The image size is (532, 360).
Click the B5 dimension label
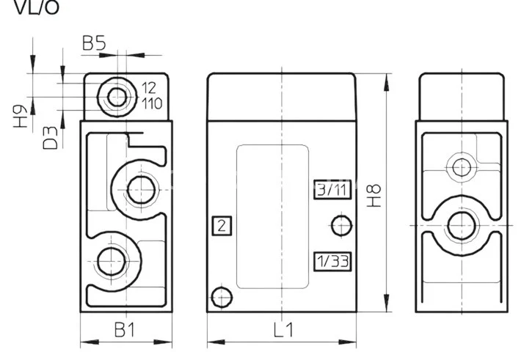[94, 44]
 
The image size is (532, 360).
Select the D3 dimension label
[51, 137]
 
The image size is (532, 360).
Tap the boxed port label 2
[221, 226]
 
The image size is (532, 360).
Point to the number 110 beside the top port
[152, 103]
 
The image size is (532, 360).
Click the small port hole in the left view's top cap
[116, 96]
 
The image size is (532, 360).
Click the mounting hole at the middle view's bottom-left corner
[221, 296]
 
